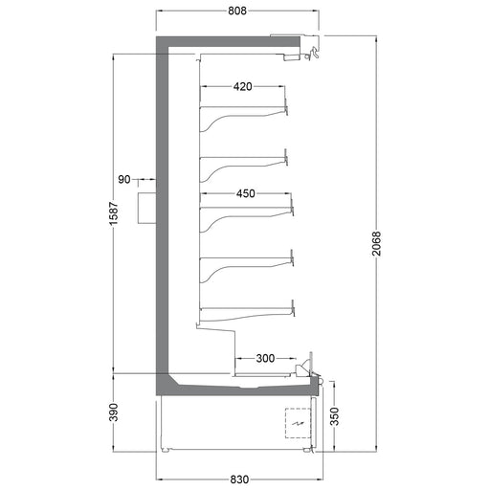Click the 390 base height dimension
point(114,412)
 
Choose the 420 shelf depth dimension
point(242,87)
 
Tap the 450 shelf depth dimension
point(245,194)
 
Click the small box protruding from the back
point(146,207)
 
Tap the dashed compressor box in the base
point(300,422)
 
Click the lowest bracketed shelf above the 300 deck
point(244,310)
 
